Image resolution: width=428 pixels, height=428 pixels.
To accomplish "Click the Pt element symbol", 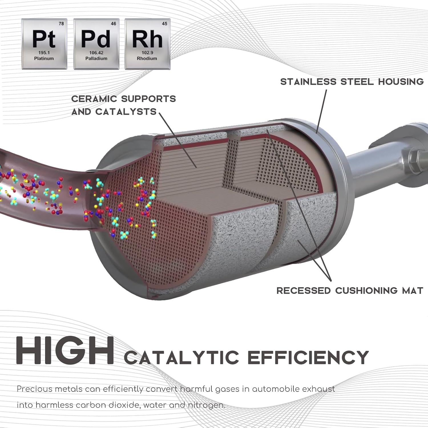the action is [44, 39].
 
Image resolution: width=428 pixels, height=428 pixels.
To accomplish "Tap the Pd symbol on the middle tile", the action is [96, 39].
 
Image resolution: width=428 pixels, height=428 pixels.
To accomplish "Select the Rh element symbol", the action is [147, 39].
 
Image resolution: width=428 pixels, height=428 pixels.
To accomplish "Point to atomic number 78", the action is [61, 24].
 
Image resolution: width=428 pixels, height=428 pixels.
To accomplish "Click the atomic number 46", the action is [114, 24].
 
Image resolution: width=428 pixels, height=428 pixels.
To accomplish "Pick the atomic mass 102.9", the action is [147, 53].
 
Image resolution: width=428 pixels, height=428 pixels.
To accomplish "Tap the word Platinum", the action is [44, 58].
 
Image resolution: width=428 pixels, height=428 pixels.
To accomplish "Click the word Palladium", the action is [96, 58].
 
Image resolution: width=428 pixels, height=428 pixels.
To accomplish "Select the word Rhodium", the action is [147, 58].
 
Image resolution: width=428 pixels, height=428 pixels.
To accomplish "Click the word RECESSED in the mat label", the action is [303, 291].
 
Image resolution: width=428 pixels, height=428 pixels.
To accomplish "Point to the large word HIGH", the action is [65, 350].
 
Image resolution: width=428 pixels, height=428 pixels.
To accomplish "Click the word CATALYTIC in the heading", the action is [181, 357].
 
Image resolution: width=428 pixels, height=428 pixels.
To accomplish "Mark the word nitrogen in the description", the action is [206, 405].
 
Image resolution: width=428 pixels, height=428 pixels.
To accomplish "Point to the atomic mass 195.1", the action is [44, 53].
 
